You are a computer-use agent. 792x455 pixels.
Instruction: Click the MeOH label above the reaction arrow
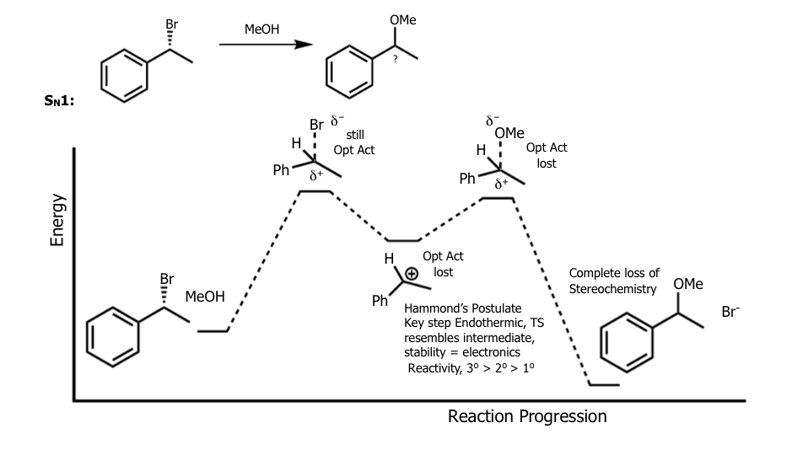(261, 29)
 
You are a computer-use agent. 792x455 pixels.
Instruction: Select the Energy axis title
(57, 221)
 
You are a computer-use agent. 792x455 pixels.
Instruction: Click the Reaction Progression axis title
(526, 416)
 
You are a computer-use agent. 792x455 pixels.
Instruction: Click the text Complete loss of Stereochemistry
(613, 281)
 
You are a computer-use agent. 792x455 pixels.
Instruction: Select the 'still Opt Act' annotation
(354, 142)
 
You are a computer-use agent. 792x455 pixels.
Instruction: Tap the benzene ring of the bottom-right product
(626, 345)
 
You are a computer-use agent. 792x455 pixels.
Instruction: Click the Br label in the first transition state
(316, 126)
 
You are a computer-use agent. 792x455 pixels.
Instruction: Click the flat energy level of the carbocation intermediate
(403, 240)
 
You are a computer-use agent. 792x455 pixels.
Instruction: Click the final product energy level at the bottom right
(603, 384)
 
